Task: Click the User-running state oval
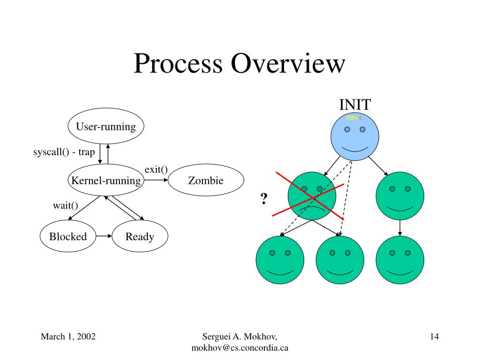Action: (106, 126)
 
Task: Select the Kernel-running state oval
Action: (106, 180)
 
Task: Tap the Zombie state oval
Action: (206, 180)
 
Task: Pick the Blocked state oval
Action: (68, 236)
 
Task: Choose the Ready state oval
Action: (140, 236)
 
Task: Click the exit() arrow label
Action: (156, 169)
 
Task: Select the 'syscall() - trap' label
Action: (64, 152)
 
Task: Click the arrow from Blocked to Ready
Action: (104, 236)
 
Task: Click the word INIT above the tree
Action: (355, 105)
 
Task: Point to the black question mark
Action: (264, 199)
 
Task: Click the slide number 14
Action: (434, 336)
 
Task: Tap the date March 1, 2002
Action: (68, 336)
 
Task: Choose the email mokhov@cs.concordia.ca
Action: (240, 348)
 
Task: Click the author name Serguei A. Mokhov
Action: (240, 336)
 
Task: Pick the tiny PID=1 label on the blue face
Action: (354, 118)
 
